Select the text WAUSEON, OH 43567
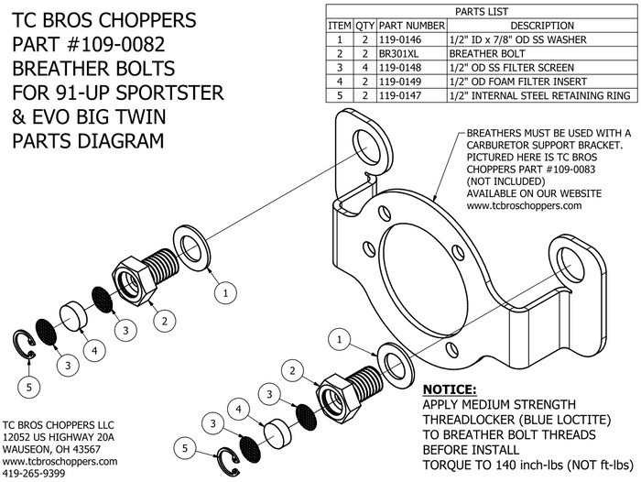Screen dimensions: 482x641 [52, 449]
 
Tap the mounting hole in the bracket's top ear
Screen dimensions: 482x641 [371, 146]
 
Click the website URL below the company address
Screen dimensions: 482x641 [60, 462]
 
